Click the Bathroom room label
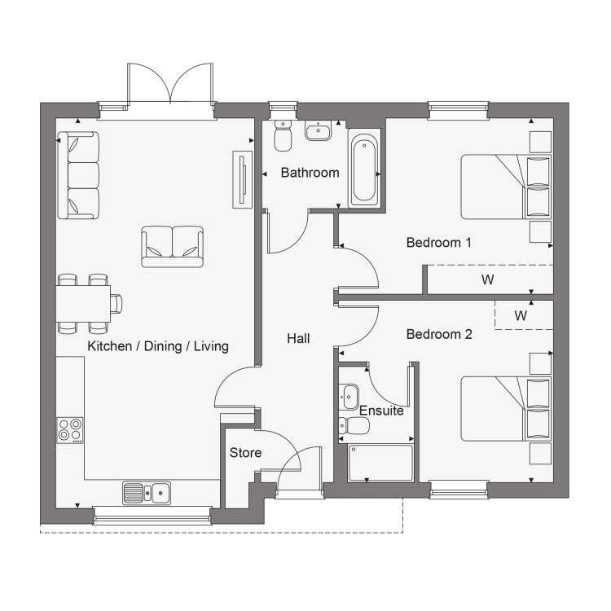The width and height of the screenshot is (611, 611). (310, 173)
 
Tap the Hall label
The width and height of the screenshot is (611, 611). (298, 338)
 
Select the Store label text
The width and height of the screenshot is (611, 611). (245, 452)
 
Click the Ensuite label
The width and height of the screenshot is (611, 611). (381, 411)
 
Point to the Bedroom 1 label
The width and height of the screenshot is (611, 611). (439, 243)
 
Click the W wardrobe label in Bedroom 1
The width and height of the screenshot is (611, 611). (487, 279)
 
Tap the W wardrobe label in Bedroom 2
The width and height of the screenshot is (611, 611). (521, 315)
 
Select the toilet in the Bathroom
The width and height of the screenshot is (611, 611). (283, 135)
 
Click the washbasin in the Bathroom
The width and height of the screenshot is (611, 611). (318, 130)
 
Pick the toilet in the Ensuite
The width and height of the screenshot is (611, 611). (354, 425)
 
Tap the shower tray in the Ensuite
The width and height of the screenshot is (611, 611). (380, 463)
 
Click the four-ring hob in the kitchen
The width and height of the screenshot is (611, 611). (70, 430)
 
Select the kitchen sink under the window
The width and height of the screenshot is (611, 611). (147, 493)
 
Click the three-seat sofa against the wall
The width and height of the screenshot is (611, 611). (78, 175)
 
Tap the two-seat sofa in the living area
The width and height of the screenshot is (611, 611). (172, 247)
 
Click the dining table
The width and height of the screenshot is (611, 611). (83, 304)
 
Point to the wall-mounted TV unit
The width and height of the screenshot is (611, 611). (243, 180)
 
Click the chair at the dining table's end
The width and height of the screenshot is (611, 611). (116, 304)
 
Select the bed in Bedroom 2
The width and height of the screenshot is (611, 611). (506, 409)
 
